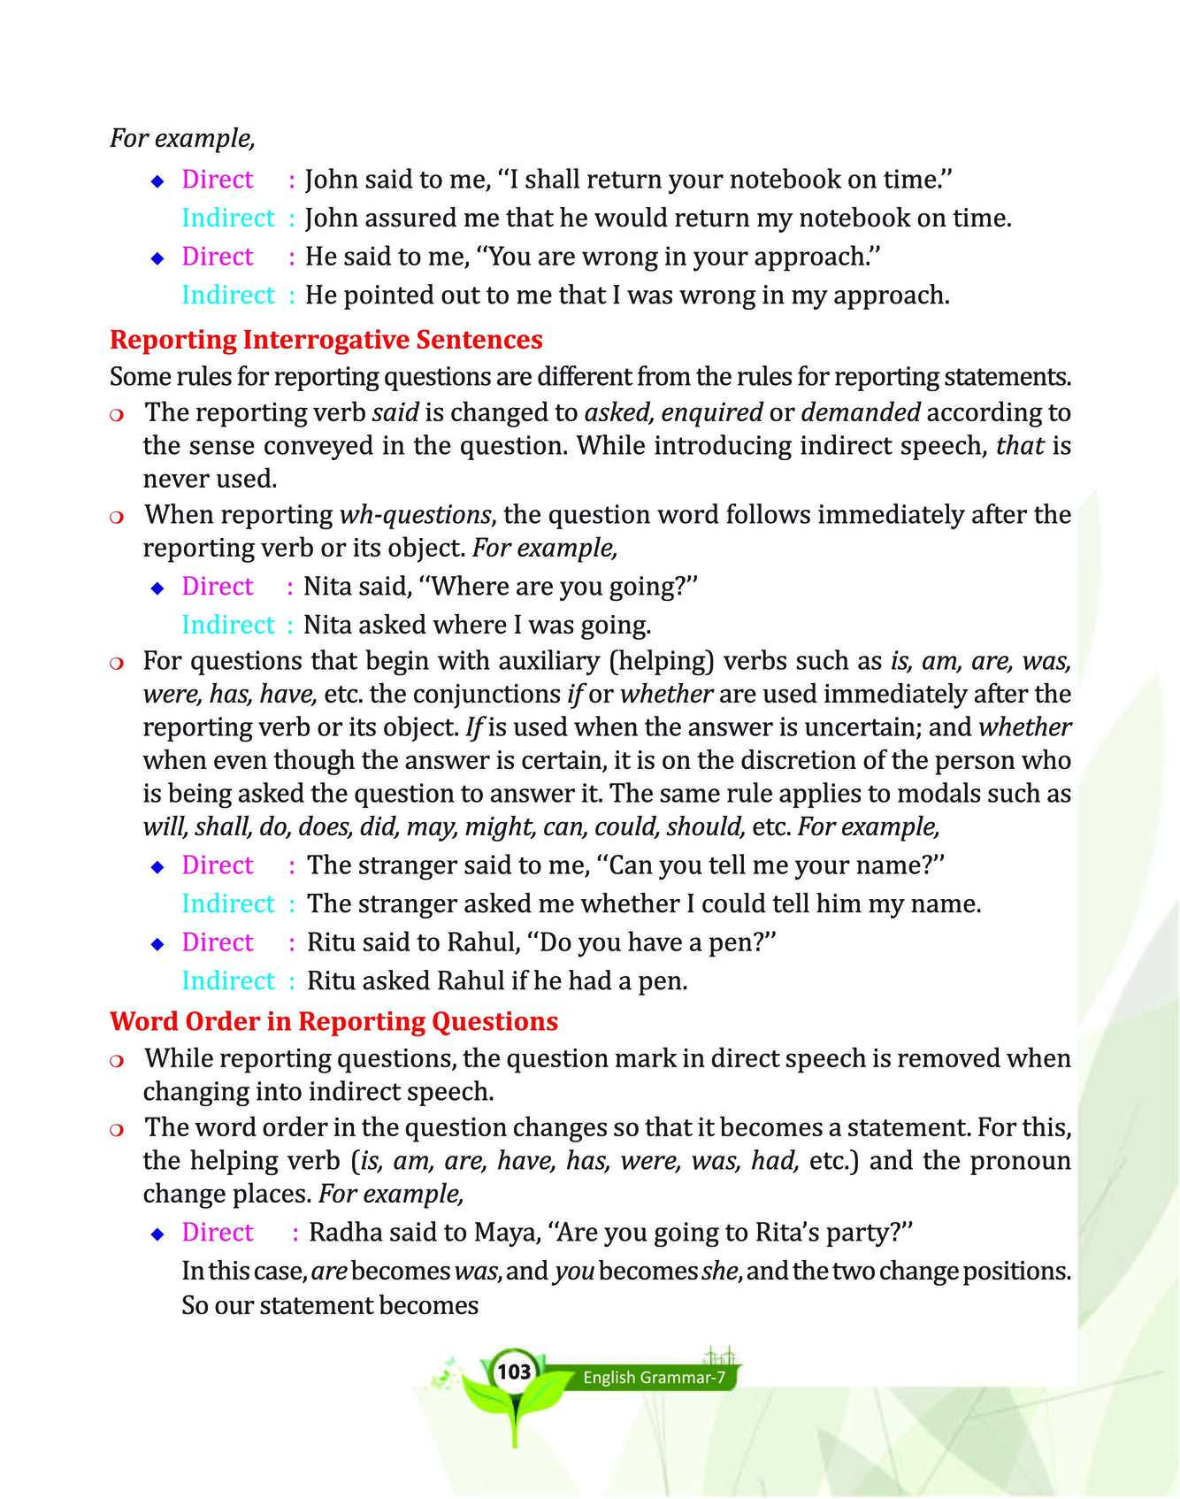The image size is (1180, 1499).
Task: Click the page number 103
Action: click(x=514, y=1372)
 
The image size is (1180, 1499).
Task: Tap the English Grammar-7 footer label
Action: click(x=655, y=1378)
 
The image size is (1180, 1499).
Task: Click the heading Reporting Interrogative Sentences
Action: click(x=326, y=340)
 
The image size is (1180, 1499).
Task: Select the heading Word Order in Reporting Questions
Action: click(x=333, y=1021)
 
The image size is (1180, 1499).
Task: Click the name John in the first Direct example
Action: click(x=332, y=180)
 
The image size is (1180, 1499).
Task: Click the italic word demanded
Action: click(x=861, y=412)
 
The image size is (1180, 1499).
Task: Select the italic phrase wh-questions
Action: click(x=415, y=514)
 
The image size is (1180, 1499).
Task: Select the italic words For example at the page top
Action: click(x=182, y=138)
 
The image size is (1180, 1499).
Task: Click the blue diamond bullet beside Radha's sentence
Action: click(x=157, y=1234)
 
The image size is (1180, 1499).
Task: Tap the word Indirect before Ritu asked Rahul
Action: click(x=228, y=980)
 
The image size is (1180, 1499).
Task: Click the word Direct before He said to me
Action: click(x=218, y=257)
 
